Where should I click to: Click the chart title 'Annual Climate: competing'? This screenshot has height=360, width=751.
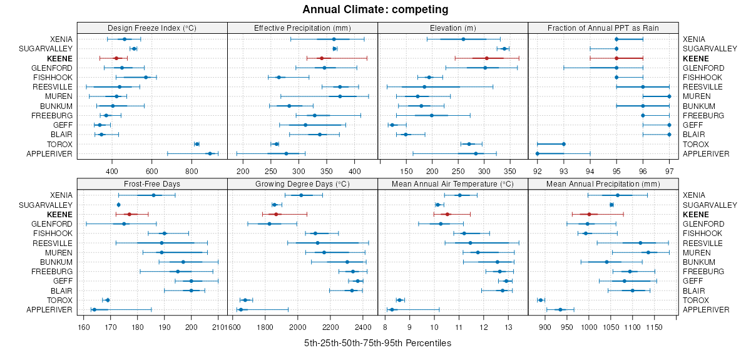(x=375, y=9)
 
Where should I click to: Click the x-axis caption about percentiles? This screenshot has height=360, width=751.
(x=377, y=343)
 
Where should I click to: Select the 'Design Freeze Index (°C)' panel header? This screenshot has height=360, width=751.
(x=152, y=28)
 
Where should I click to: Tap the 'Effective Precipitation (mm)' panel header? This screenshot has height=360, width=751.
(x=302, y=28)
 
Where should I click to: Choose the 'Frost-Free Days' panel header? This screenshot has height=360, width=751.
(x=152, y=184)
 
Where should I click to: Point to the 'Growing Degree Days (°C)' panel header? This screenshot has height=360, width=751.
(x=302, y=184)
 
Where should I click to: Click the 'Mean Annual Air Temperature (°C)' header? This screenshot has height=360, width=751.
(x=452, y=184)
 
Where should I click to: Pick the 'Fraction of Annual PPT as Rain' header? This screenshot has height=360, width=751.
(x=603, y=28)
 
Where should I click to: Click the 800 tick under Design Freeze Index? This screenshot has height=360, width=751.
(x=192, y=170)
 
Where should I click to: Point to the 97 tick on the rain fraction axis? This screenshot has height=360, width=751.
(x=669, y=170)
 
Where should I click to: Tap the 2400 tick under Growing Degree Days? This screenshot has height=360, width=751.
(x=363, y=327)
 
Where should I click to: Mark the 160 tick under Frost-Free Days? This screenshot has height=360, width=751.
(x=84, y=327)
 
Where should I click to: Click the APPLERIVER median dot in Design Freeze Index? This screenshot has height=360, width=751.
(x=210, y=153)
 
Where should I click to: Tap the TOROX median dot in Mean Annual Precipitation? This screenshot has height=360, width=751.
(x=541, y=300)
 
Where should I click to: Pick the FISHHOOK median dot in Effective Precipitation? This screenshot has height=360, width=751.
(x=278, y=77)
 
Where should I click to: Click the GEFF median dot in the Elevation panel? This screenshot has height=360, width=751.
(x=392, y=125)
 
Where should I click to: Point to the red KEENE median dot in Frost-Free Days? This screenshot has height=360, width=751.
(x=130, y=214)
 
